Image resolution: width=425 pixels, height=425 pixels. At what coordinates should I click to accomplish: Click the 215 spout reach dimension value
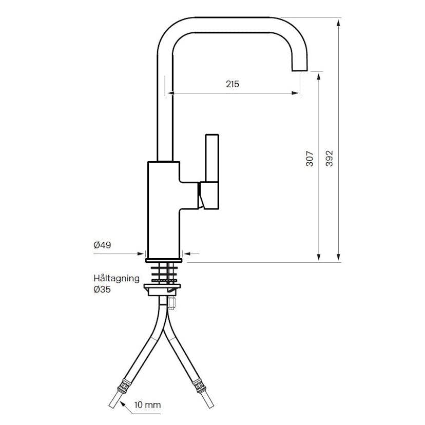233,84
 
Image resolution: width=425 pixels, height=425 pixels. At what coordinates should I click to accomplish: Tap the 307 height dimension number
310,159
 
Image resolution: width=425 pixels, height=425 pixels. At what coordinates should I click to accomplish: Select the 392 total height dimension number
330,159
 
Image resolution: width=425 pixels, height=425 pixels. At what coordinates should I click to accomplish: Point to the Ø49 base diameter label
103,245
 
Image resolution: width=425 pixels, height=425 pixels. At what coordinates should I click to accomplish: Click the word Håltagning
117,278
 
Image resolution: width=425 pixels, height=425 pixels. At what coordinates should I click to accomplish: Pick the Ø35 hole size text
102,289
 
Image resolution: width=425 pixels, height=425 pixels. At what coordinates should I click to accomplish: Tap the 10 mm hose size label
147,405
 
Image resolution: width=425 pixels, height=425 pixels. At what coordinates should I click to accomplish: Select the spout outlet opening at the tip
299,71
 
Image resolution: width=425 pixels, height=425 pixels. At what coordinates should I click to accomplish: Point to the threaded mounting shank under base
164,272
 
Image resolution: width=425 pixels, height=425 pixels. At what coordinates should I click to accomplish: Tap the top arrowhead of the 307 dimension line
319,76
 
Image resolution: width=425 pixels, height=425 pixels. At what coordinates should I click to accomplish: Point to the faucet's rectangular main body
163,210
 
